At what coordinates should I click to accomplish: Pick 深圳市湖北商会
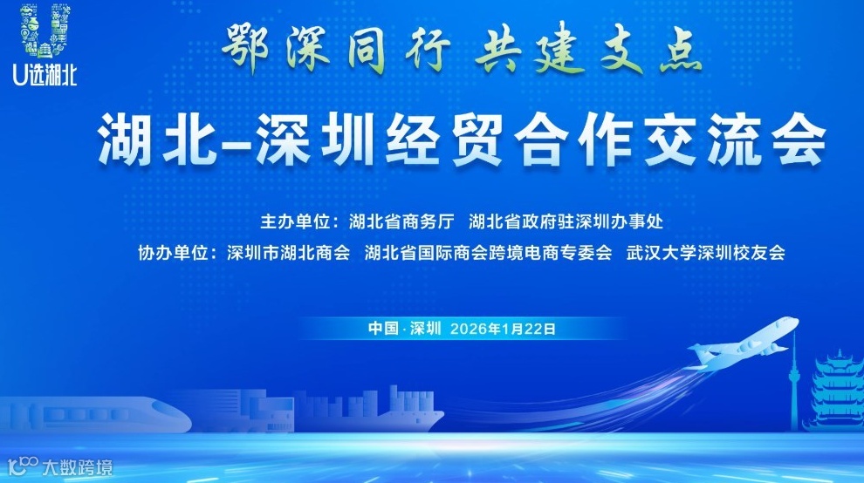coord(287,254)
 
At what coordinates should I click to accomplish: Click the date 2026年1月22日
coord(502,329)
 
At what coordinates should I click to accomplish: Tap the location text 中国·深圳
coord(405,329)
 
